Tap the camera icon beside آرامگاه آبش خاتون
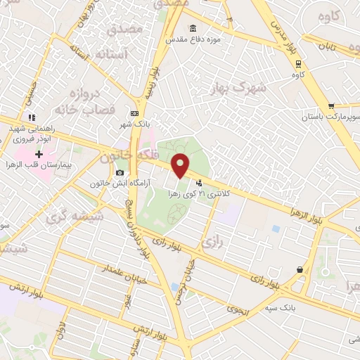120,173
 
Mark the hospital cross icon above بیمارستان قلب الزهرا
39,154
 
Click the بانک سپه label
296,307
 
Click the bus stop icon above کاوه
297,62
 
